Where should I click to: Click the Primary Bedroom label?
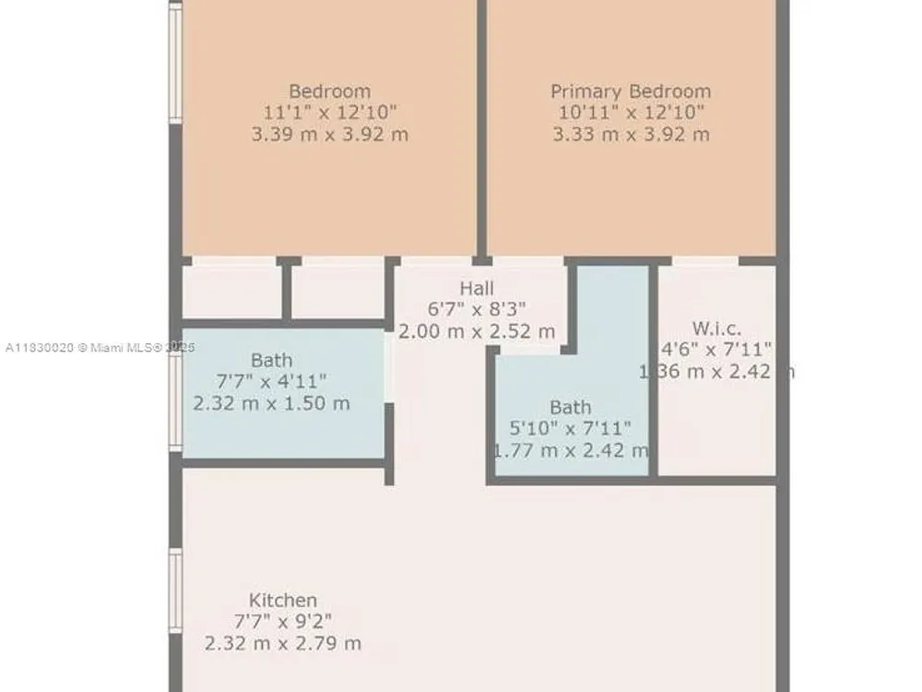[631, 91]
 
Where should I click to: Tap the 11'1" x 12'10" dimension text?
[330, 112]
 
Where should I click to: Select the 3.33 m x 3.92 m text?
[631, 134]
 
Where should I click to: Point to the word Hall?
[477, 288]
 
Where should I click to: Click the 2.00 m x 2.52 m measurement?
[477, 331]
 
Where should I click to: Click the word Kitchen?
[283, 601]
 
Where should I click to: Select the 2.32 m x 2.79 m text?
[283, 643]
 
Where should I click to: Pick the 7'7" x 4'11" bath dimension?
[272, 381]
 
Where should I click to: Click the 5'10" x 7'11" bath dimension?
[570, 428]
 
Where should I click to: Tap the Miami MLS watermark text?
[100, 348]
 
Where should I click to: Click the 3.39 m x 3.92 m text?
[330, 134]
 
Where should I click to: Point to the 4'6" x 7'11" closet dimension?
[716, 350]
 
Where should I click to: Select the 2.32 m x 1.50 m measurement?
[272, 403]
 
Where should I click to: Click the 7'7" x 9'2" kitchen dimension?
[283, 621]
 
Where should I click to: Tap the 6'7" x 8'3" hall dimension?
[477, 309]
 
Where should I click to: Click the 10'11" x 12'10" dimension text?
[631, 112]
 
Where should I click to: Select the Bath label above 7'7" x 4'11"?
[272, 360]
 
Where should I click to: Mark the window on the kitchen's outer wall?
[175, 591]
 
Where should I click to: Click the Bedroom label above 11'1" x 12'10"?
[330, 91]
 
